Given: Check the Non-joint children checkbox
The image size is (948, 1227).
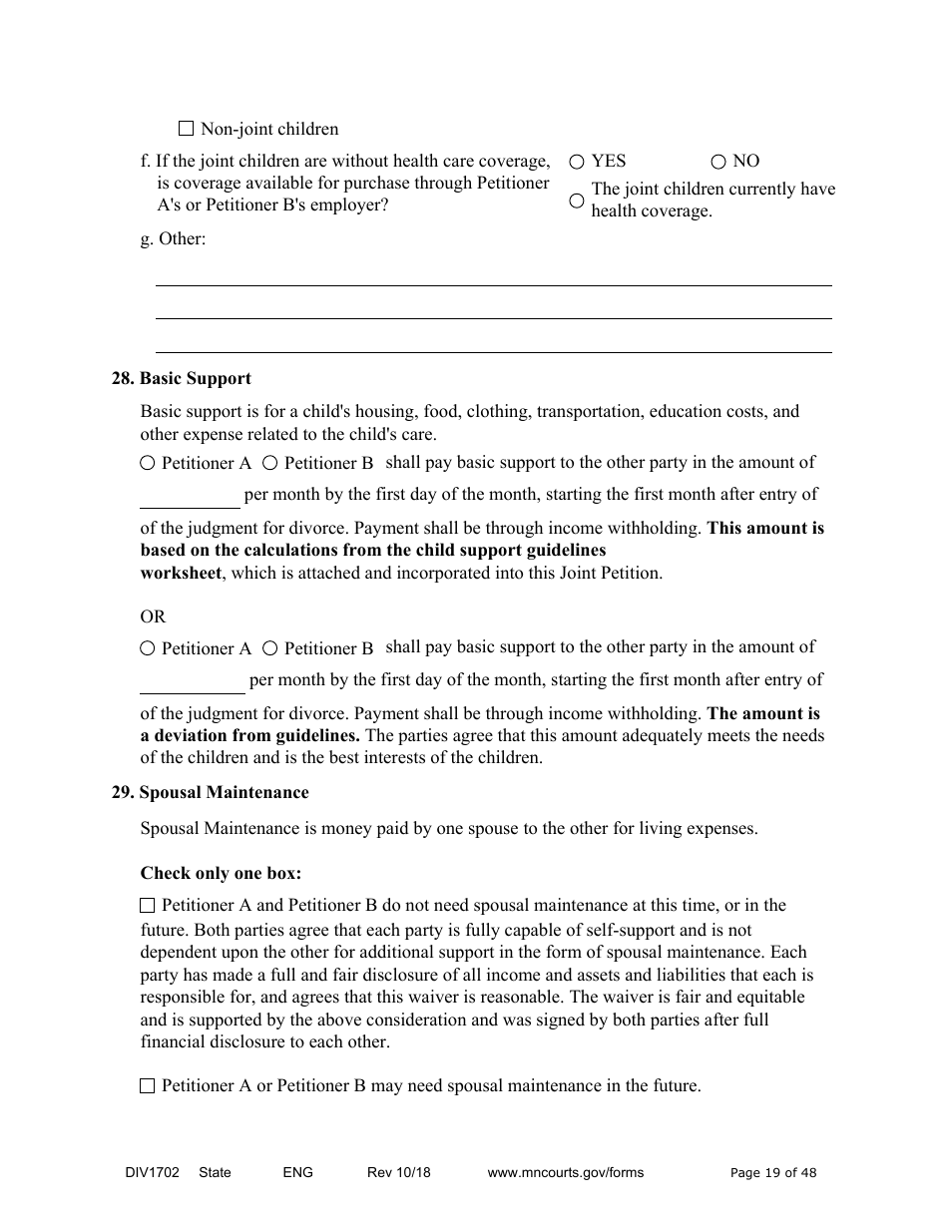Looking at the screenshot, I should coord(186,129).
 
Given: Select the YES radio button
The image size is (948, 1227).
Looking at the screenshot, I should coord(577,162).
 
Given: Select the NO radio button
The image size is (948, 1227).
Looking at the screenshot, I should coord(718,162).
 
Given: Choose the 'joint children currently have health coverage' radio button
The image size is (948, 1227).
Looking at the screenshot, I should coord(577,201).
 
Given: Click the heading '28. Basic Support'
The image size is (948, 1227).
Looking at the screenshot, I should coord(181,379).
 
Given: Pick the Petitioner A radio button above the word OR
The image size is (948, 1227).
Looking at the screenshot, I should coord(148,463).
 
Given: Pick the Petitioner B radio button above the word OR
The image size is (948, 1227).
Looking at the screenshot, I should coord(270,463).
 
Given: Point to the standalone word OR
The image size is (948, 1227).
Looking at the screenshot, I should coord(153,616).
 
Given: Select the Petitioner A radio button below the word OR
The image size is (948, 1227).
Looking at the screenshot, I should coord(148,648).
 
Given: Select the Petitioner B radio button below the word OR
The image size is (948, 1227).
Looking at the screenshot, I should coord(270,648).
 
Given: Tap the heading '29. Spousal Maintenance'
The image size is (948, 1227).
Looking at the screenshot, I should coord(210,793).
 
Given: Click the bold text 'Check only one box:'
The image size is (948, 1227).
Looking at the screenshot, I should coord(221,873).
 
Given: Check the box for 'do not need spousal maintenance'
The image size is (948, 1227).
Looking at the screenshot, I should coord(148,906).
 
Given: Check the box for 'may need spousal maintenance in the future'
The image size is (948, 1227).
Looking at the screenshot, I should coord(148,1086).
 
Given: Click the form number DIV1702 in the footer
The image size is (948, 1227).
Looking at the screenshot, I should coord(146,1173).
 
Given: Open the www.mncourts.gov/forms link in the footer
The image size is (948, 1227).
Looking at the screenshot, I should coord(565,1173).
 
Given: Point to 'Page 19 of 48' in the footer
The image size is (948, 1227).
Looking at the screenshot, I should coord(773,1173).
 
